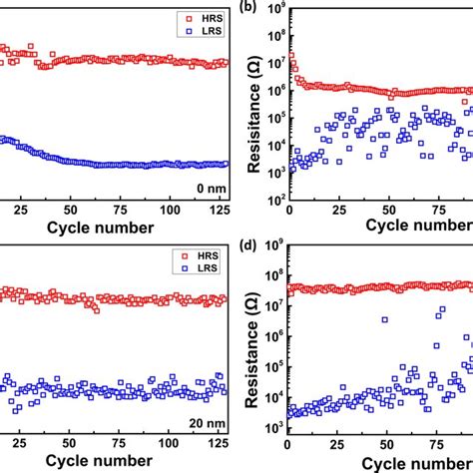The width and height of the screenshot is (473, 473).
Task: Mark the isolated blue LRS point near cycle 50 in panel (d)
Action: click(x=385, y=319)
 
